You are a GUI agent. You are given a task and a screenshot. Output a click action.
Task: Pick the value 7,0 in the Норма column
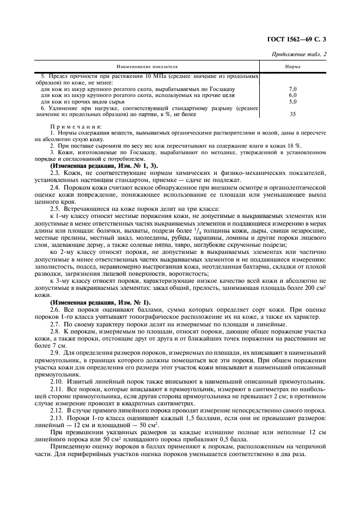point(292,88)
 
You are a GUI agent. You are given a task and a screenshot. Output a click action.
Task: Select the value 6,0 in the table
point(292,95)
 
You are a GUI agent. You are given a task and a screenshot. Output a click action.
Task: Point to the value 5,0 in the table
point(292,101)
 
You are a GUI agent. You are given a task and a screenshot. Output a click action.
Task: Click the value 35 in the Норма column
point(292,114)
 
